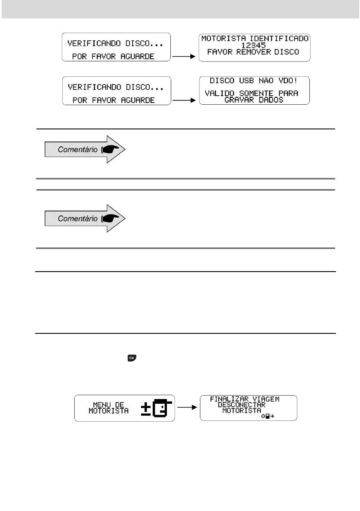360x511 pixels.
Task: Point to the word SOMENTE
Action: [x=253, y=94]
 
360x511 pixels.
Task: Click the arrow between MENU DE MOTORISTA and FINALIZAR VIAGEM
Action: [x=188, y=408]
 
